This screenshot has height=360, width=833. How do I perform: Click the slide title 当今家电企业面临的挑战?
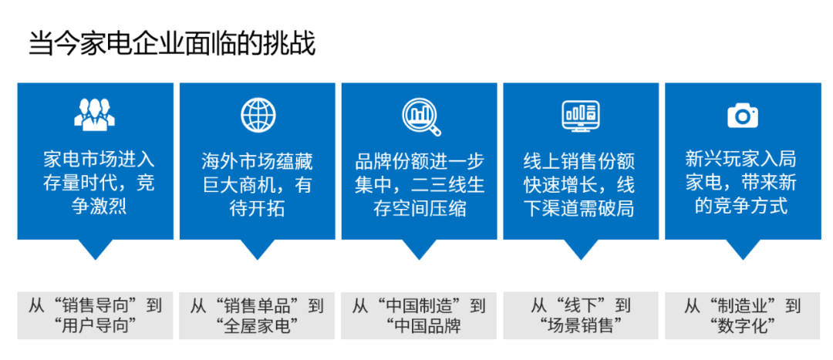[x=172, y=43]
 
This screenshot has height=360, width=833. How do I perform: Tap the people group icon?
[x=95, y=113]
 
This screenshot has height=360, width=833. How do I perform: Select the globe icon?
[x=258, y=115]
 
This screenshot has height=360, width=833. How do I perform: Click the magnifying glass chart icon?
[x=420, y=115]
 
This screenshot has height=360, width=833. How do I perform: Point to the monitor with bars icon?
[x=580, y=115]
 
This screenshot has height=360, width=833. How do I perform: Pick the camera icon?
[x=742, y=116]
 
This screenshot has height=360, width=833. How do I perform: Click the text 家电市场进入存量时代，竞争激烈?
[x=95, y=183]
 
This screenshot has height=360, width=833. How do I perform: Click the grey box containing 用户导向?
[x=96, y=315]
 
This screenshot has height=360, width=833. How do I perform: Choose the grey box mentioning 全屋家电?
[x=258, y=315]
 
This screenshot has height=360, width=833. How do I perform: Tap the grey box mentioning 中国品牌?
[x=420, y=315]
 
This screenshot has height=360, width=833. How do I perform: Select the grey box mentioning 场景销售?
[x=581, y=315]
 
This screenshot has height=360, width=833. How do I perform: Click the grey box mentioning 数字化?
[x=743, y=315]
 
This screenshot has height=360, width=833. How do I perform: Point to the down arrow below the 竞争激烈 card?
[x=96, y=249]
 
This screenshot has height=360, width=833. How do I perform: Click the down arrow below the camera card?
[x=743, y=249]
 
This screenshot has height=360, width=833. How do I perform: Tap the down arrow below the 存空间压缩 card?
[x=420, y=249]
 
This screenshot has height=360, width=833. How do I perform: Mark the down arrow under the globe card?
[x=258, y=249]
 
